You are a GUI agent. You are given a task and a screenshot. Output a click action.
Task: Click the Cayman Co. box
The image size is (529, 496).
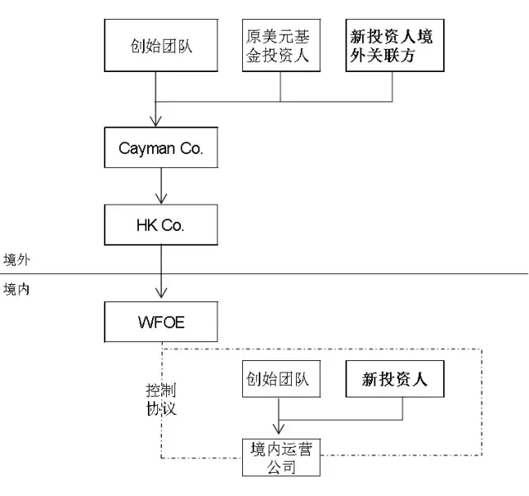(161, 150)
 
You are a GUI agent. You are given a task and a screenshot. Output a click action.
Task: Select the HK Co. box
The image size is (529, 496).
(161, 224)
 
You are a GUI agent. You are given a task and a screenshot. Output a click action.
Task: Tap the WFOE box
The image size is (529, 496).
(161, 321)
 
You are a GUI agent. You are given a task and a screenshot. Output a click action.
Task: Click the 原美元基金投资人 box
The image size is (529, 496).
(279, 46)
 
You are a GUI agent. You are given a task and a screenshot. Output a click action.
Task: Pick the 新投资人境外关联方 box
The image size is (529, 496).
(393, 46)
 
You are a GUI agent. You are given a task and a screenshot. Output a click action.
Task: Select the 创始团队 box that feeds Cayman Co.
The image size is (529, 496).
(161, 46)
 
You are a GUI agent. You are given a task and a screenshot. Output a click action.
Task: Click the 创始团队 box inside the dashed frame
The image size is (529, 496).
(278, 380)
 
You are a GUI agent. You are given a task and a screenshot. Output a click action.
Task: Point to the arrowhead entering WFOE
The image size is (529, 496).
(161, 295)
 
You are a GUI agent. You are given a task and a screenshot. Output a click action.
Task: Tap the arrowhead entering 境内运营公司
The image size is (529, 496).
(279, 431)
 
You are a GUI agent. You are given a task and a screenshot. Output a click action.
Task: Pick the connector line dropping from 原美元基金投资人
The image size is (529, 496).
(279, 86)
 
